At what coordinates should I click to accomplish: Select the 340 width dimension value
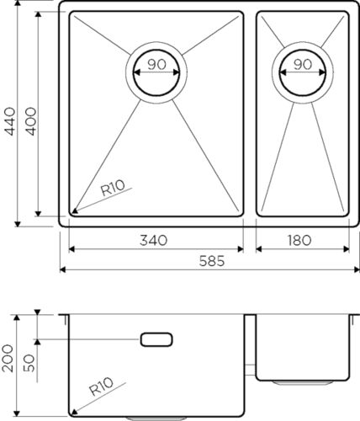[156, 240]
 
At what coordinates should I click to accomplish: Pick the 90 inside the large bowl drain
[155, 64]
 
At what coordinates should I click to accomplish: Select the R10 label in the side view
[103, 387]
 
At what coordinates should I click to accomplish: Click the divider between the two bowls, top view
[250, 118]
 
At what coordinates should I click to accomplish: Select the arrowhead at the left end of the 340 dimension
[71, 249]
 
